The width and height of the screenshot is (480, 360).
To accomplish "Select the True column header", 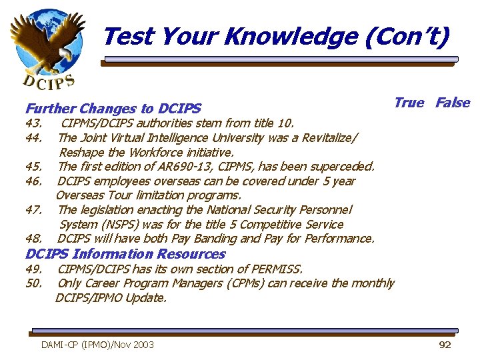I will pos(409,102).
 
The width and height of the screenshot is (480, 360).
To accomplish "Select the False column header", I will pos(453,102).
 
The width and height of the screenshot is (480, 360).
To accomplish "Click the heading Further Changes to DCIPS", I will pos(113,108).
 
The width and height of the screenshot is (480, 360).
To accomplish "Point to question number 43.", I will pos(34,123).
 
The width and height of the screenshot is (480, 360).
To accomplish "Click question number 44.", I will pos(34,137).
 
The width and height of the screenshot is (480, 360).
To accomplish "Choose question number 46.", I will pos(34,181).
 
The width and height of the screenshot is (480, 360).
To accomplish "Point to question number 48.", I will pos(34,239).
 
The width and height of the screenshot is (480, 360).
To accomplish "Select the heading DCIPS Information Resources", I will pos(125,254).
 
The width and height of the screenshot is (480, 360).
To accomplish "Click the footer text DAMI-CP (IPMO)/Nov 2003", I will pos(97,345).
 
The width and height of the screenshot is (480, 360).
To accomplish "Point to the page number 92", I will pos(445,345).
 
